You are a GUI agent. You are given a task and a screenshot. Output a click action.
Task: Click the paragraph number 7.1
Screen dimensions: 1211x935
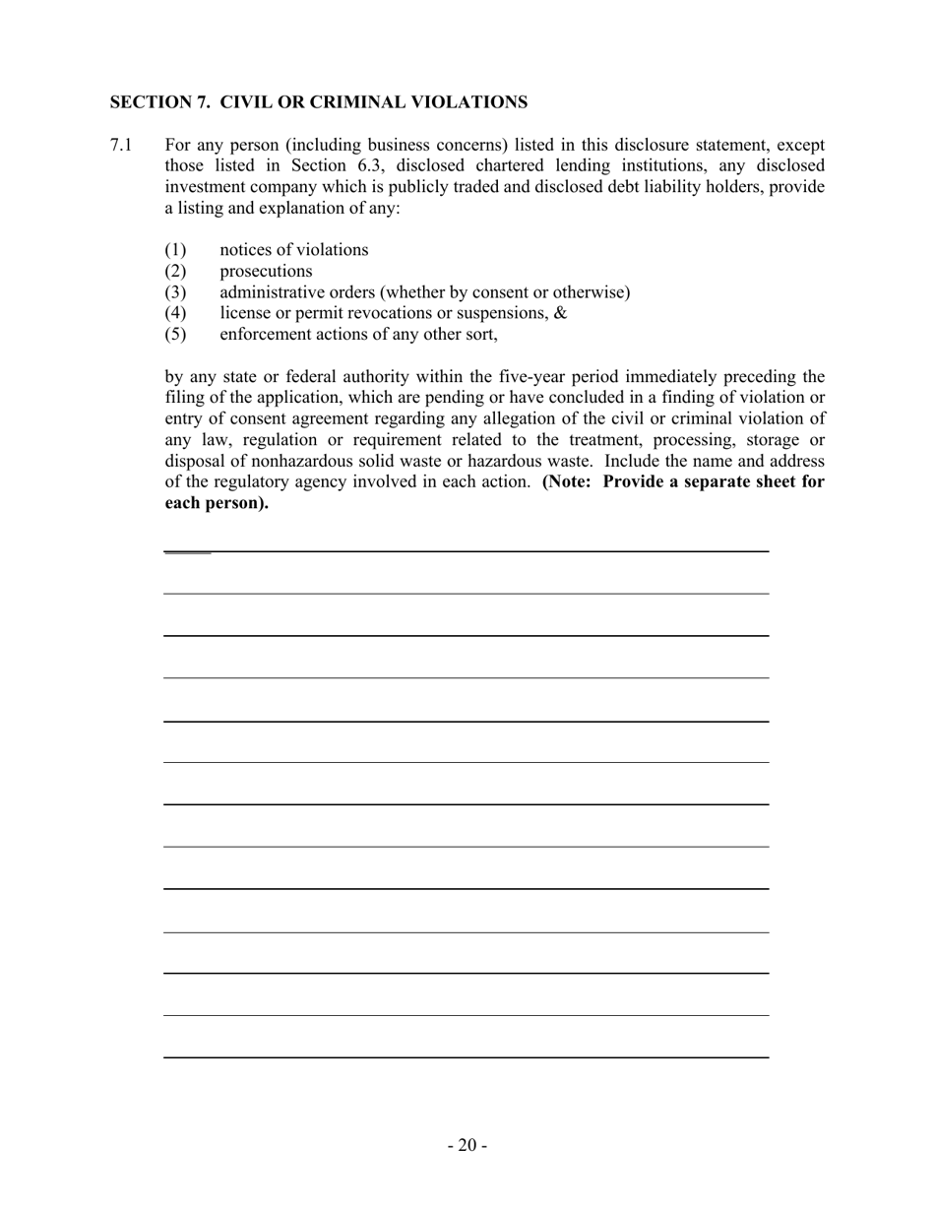tap(120, 145)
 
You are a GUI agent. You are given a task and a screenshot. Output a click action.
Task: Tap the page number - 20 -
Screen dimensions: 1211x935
tap(467, 1145)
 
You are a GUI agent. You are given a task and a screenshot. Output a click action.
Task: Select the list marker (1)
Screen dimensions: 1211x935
tap(175, 250)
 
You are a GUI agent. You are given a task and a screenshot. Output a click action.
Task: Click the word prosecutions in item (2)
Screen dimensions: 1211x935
tap(266, 271)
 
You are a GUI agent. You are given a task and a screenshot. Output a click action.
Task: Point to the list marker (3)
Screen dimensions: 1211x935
tap(175, 292)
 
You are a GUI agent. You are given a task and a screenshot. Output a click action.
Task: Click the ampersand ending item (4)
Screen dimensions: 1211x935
tap(561, 313)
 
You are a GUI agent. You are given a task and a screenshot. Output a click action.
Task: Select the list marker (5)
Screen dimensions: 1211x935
tap(175, 334)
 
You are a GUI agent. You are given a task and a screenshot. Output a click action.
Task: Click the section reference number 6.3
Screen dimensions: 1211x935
tap(369, 165)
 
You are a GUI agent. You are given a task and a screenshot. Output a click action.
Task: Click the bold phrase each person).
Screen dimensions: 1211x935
tap(217, 503)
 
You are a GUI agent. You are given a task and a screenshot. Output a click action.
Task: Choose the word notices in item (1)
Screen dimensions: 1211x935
tap(246, 250)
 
